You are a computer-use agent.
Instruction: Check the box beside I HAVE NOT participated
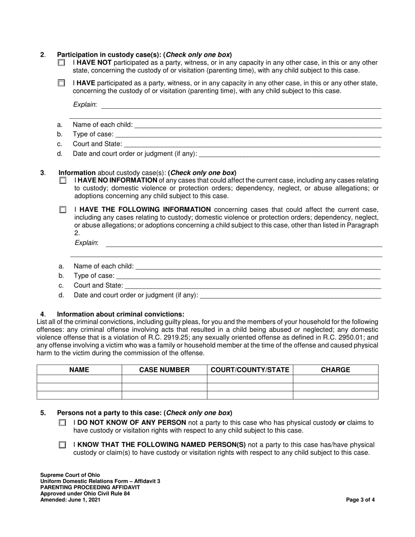point(61,63)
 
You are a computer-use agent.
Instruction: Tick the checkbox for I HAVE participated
point(61,83)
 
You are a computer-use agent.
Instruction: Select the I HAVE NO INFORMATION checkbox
point(63,180)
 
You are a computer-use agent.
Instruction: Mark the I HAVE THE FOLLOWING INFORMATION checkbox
point(63,210)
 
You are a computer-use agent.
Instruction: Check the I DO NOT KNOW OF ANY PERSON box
point(62,423)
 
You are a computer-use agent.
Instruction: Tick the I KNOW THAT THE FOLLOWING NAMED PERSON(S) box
point(62,445)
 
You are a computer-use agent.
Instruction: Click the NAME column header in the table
point(79,370)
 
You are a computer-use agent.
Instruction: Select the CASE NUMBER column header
point(164,370)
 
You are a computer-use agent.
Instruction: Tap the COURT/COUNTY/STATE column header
point(250,370)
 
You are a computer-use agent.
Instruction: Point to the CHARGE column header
point(335,370)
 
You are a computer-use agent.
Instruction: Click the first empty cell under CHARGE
point(335,379)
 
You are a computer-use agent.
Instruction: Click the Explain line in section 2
point(241,105)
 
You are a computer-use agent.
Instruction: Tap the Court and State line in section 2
point(252,144)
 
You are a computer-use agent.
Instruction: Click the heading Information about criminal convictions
point(121,314)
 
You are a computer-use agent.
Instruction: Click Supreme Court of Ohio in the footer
point(70,475)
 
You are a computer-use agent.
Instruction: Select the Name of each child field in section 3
point(258,266)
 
